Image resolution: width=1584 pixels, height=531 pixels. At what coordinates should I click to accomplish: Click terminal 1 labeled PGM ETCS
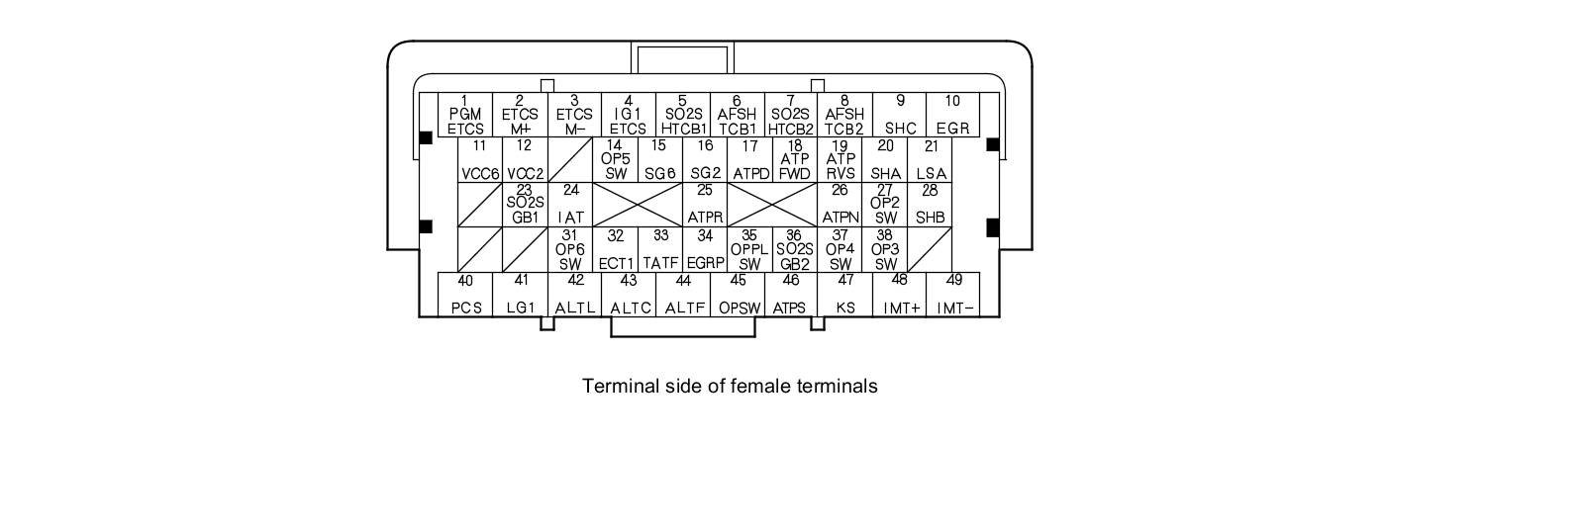[464, 115]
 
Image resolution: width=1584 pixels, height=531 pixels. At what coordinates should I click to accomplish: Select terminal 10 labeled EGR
[952, 115]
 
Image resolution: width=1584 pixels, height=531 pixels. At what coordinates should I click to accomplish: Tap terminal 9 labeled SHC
[900, 115]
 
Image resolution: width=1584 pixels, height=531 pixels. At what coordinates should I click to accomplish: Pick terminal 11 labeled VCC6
[480, 160]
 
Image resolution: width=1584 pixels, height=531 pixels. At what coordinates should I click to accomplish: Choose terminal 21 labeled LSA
[931, 160]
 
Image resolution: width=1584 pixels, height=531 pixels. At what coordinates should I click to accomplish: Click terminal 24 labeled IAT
[570, 205]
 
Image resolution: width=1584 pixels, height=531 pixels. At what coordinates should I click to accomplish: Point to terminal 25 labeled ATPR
[705, 205]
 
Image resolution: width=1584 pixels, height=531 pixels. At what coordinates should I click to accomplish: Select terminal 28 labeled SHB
[930, 205]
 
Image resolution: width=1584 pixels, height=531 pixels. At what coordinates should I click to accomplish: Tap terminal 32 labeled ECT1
[616, 250]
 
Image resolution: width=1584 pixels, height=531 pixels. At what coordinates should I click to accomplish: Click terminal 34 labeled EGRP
[705, 250]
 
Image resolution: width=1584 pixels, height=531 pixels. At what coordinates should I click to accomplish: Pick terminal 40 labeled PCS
[465, 295]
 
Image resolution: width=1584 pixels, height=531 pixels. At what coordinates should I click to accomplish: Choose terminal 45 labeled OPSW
[739, 295]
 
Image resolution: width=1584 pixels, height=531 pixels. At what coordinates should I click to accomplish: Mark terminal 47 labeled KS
[845, 295]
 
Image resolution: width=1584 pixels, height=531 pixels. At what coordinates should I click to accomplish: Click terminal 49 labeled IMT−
[954, 295]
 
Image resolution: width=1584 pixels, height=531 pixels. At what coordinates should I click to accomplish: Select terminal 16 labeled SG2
[705, 160]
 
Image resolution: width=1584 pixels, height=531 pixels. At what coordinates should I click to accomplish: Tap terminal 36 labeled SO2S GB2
[794, 250]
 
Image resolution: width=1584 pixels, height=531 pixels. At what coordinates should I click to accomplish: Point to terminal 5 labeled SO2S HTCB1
[683, 115]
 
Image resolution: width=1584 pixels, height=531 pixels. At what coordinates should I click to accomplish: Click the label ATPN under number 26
[840, 217]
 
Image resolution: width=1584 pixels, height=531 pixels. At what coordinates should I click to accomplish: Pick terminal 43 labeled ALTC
[630, 295]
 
